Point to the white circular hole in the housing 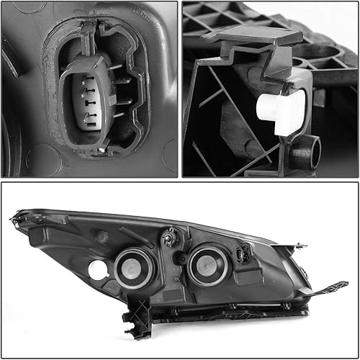point(97,270)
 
